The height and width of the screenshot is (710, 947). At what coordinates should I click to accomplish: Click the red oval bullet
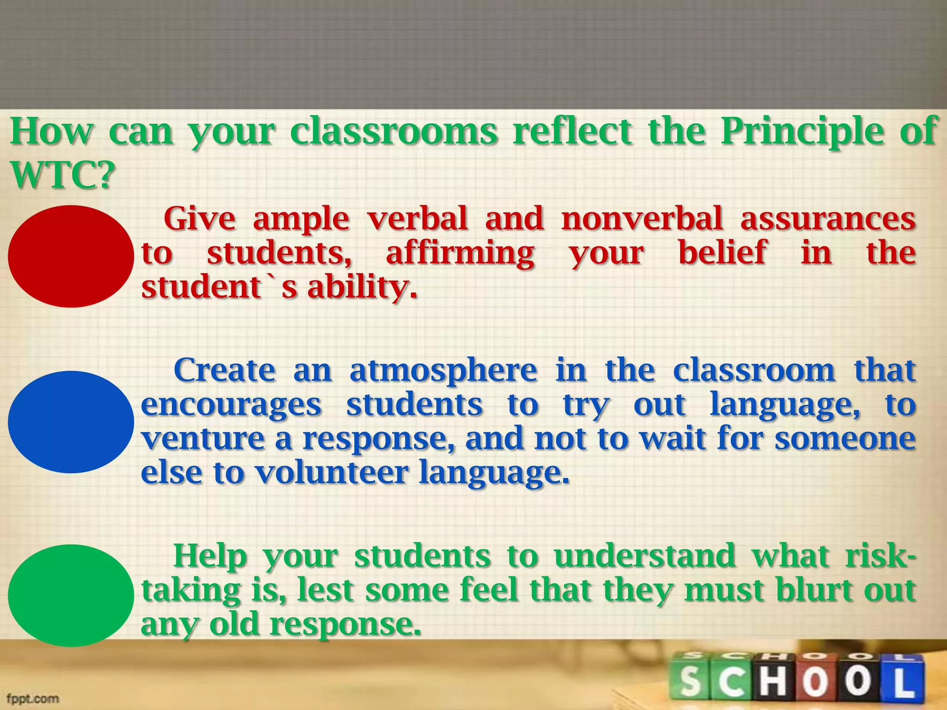(71, 257)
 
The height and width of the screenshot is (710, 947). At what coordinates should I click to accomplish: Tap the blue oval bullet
(71, 422)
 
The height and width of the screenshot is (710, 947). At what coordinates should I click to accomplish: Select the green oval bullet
(71, 595)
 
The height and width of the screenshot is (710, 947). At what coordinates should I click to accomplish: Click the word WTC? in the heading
(62, 176)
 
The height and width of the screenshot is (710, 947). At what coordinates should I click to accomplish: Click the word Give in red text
(199, 219)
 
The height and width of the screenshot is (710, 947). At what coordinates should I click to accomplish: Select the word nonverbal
(642, 219)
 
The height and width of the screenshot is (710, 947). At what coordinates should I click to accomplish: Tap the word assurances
(828, 219)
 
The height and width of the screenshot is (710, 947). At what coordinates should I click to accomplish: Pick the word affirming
(460, 254)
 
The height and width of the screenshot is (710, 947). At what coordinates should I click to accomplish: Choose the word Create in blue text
(225, 370)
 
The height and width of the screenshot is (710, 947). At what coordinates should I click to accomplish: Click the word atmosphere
(443, 371)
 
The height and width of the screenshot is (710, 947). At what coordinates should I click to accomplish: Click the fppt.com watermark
(33, 698)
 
